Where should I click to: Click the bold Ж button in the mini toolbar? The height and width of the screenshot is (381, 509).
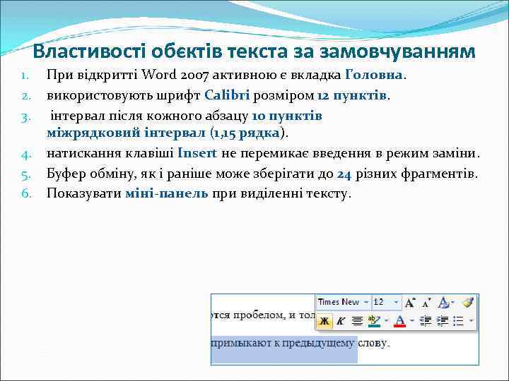324,321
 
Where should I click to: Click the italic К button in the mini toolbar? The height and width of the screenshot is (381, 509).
341,321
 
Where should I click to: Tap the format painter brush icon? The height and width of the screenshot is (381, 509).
467,302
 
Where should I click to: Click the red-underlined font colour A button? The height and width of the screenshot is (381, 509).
399,321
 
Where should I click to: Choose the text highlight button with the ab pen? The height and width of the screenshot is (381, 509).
374,321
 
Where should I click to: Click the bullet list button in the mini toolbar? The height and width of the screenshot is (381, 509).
458,321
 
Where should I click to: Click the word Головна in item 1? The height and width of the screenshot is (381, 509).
374,74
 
